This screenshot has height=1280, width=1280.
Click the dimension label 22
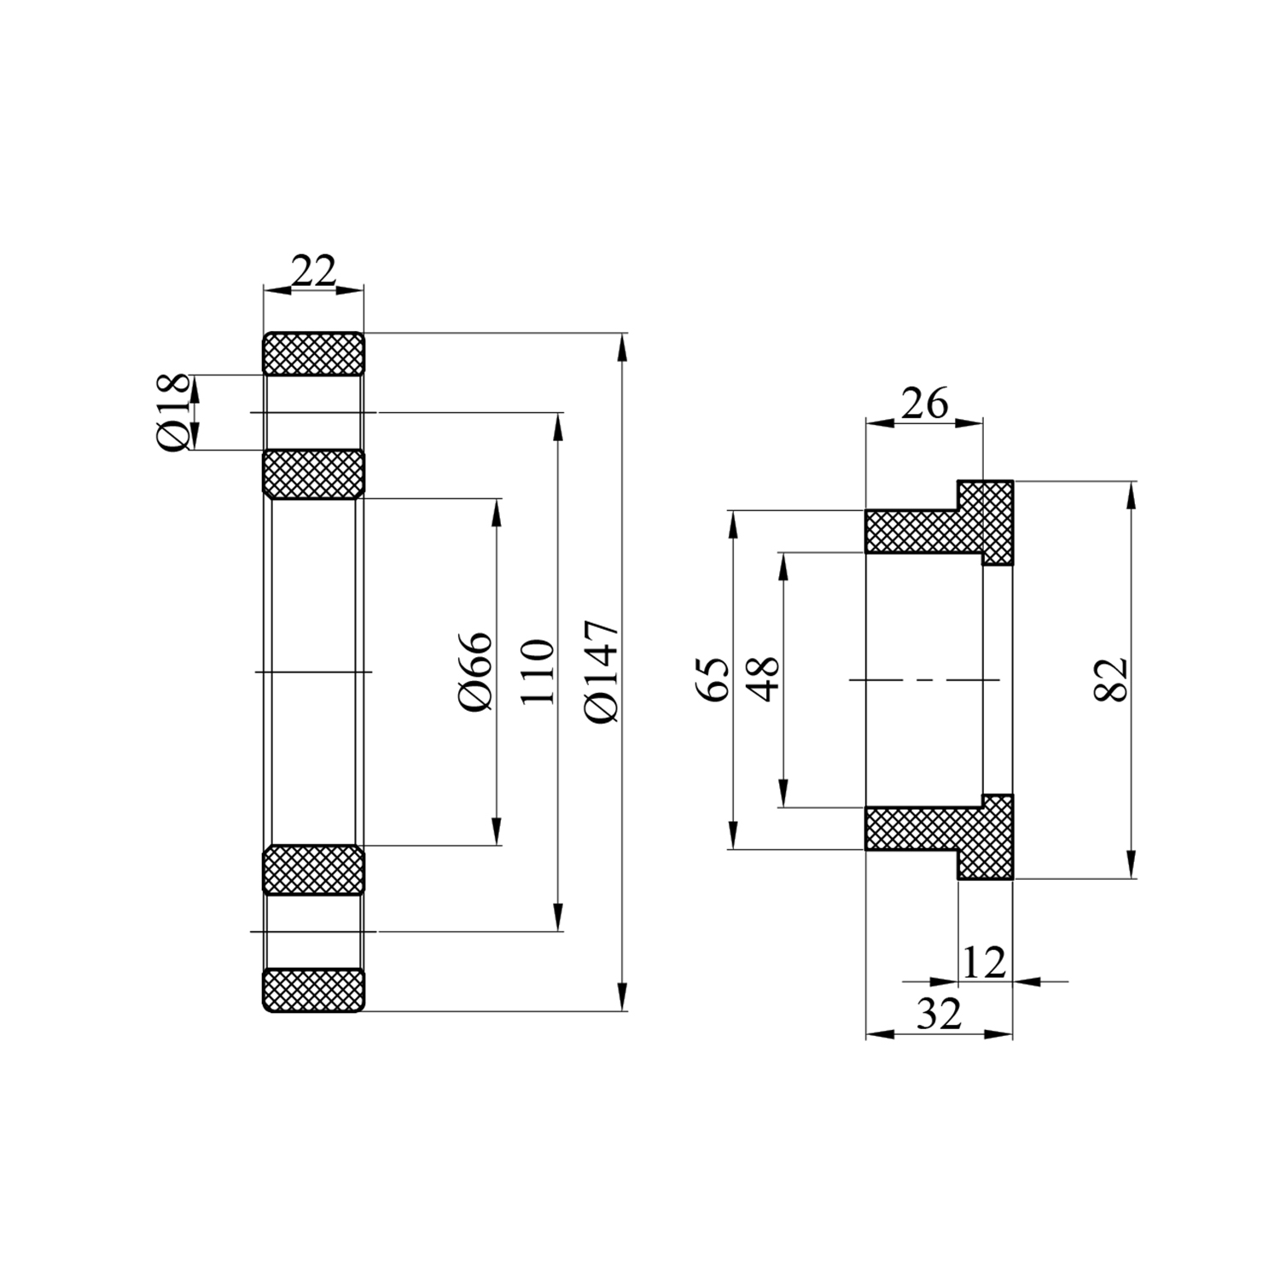(314, 271)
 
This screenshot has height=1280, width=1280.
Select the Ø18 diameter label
(173, 412)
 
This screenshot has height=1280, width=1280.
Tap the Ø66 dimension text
(476, 672)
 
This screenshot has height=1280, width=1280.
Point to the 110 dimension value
(538, 672)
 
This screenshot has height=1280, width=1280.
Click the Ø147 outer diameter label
(602, 672)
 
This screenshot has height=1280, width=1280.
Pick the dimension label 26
(925, 403)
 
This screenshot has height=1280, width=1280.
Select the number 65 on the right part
(715, 679)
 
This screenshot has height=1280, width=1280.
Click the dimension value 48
(764, 679)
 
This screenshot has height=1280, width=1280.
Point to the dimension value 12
(985, 963)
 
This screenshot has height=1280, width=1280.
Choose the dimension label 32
(940, 1015)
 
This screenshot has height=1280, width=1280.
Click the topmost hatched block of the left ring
(313, 353)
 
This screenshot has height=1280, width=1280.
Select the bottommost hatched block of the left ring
(313, 990)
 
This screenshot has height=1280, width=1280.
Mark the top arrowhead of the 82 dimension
(1132, 494)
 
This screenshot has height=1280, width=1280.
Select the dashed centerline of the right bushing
(924, 680)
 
